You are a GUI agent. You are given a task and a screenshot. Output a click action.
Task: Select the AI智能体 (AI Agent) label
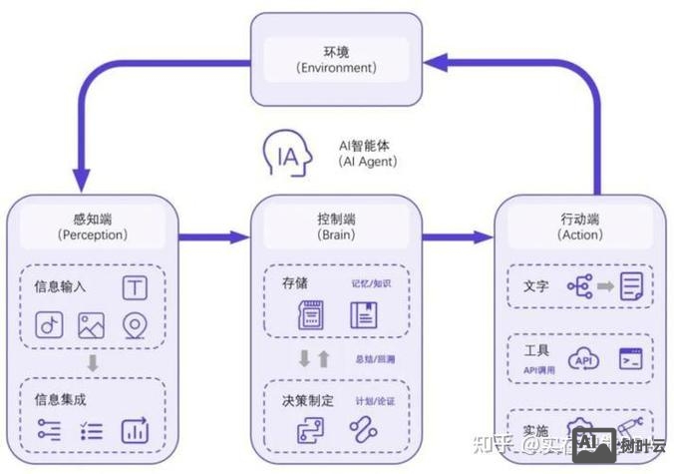(368, 153)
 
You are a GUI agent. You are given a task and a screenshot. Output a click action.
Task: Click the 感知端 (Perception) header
(92, 227)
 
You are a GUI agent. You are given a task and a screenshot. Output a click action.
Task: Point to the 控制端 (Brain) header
(336, 227)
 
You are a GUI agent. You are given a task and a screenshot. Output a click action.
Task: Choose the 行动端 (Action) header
(580, 227)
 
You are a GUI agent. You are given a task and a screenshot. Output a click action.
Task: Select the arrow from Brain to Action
(458, 237)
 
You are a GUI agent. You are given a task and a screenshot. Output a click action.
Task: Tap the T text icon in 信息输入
(135, 287)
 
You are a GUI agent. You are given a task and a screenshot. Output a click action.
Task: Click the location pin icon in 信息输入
(135, 325)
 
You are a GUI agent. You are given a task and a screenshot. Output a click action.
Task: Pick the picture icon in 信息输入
(92, 325)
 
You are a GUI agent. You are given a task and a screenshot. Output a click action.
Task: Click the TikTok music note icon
(49, 325)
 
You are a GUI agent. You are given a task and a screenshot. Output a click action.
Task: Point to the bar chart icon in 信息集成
(135, 430)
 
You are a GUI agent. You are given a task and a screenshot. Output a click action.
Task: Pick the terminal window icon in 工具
(629, 358)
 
